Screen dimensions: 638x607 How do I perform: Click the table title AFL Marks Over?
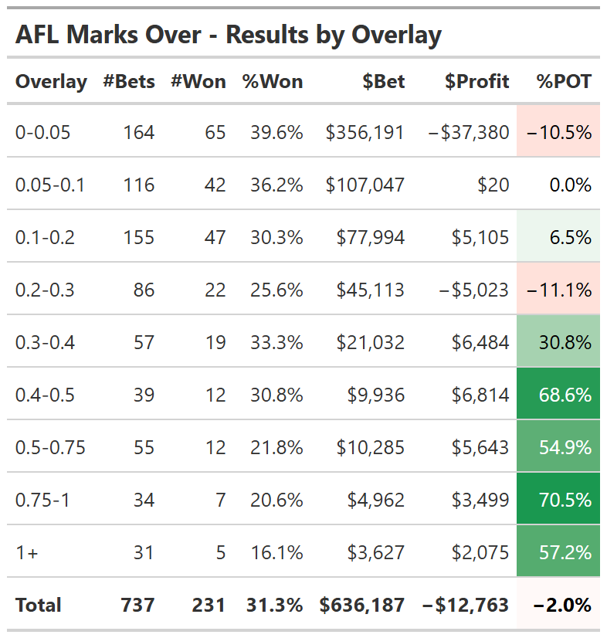point(228,35)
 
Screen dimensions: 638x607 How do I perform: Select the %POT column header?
point(565,81)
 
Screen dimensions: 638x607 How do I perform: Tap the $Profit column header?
point(476,81)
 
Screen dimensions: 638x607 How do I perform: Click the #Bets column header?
point(128,81)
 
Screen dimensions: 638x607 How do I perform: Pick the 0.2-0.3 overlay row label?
point(45,290)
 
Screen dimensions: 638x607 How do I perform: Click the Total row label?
point(38,605)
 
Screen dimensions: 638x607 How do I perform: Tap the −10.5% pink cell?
point(558,132)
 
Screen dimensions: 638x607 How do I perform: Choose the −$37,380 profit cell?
point(469,132)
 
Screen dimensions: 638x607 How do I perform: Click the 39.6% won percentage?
point(276,132)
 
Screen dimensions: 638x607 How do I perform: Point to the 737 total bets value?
point(137,605)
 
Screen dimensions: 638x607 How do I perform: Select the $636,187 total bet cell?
point(362,605)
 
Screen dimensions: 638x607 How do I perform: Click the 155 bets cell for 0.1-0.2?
point(139,237)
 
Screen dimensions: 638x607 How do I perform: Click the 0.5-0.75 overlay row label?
point(50,447)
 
